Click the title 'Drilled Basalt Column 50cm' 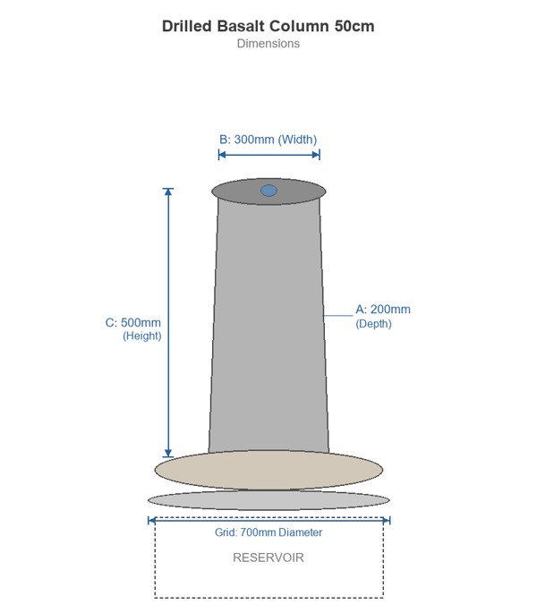tap(268, 26)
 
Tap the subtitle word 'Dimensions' tap(268, 43)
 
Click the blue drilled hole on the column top tap(268, 191)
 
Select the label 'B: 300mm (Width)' tap(268, 140)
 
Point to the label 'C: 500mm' tap(133, 322)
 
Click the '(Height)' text tap(141, 336)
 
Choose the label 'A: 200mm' tap(383, 310)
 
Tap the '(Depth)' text tap(374, 324)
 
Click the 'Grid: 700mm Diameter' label tap(268, 532)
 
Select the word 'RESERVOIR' tap(268, 557)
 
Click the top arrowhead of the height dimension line tap(168, 191)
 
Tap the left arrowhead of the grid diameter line tap(151, 520)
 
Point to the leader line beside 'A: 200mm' tap(337, 315)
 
